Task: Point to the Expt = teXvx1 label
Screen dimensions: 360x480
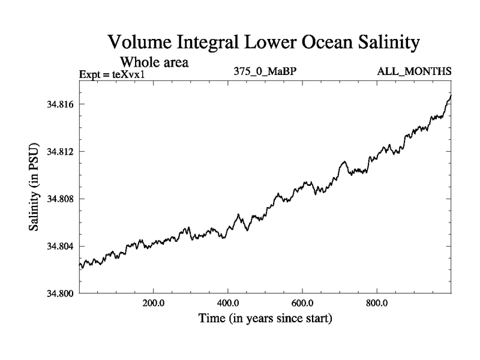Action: coord(113,74)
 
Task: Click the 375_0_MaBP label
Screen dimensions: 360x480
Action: coord(265,72)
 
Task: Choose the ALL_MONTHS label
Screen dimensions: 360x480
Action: coord(414,72)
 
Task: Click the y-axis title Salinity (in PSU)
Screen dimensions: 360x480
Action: coord(34,187)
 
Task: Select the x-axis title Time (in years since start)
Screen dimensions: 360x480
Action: coord(265,319)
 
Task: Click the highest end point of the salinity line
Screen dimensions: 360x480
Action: coord(451,95)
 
